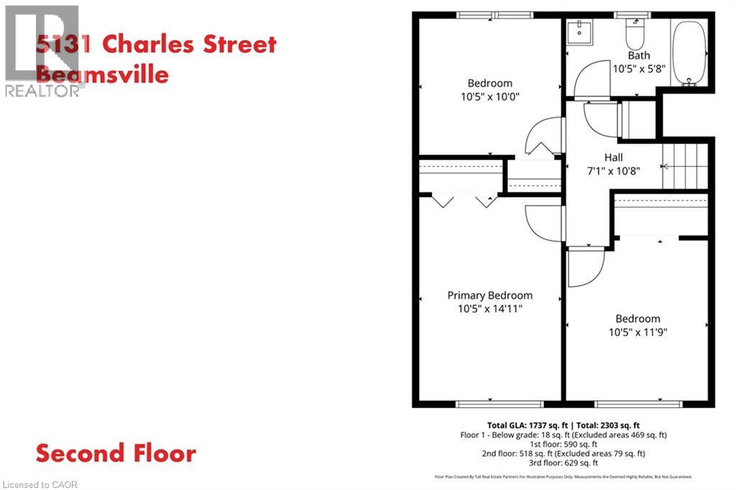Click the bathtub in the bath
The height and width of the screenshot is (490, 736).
point(689,52)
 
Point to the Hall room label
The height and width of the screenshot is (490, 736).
point(613,157)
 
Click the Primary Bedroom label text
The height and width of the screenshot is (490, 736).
point(489,295)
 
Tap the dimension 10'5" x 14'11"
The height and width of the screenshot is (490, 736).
point(489,309)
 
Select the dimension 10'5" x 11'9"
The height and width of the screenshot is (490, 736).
point(637,332)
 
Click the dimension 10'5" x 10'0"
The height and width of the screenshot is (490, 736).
point(489,96)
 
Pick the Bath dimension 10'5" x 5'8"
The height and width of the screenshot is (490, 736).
point(638,69)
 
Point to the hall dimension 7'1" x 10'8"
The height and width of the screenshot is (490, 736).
point(613,171)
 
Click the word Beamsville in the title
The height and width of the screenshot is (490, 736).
point(102,74)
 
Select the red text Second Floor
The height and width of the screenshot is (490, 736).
point(116,453)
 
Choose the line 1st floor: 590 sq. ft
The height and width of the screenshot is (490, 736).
point(563,444)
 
